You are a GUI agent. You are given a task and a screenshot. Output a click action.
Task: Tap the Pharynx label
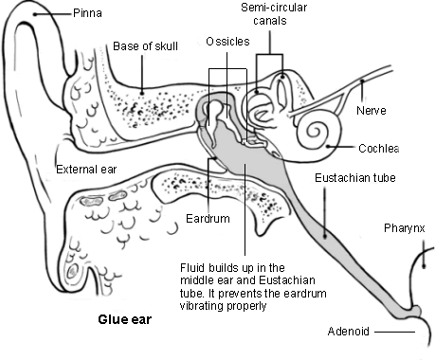(405, 228)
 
